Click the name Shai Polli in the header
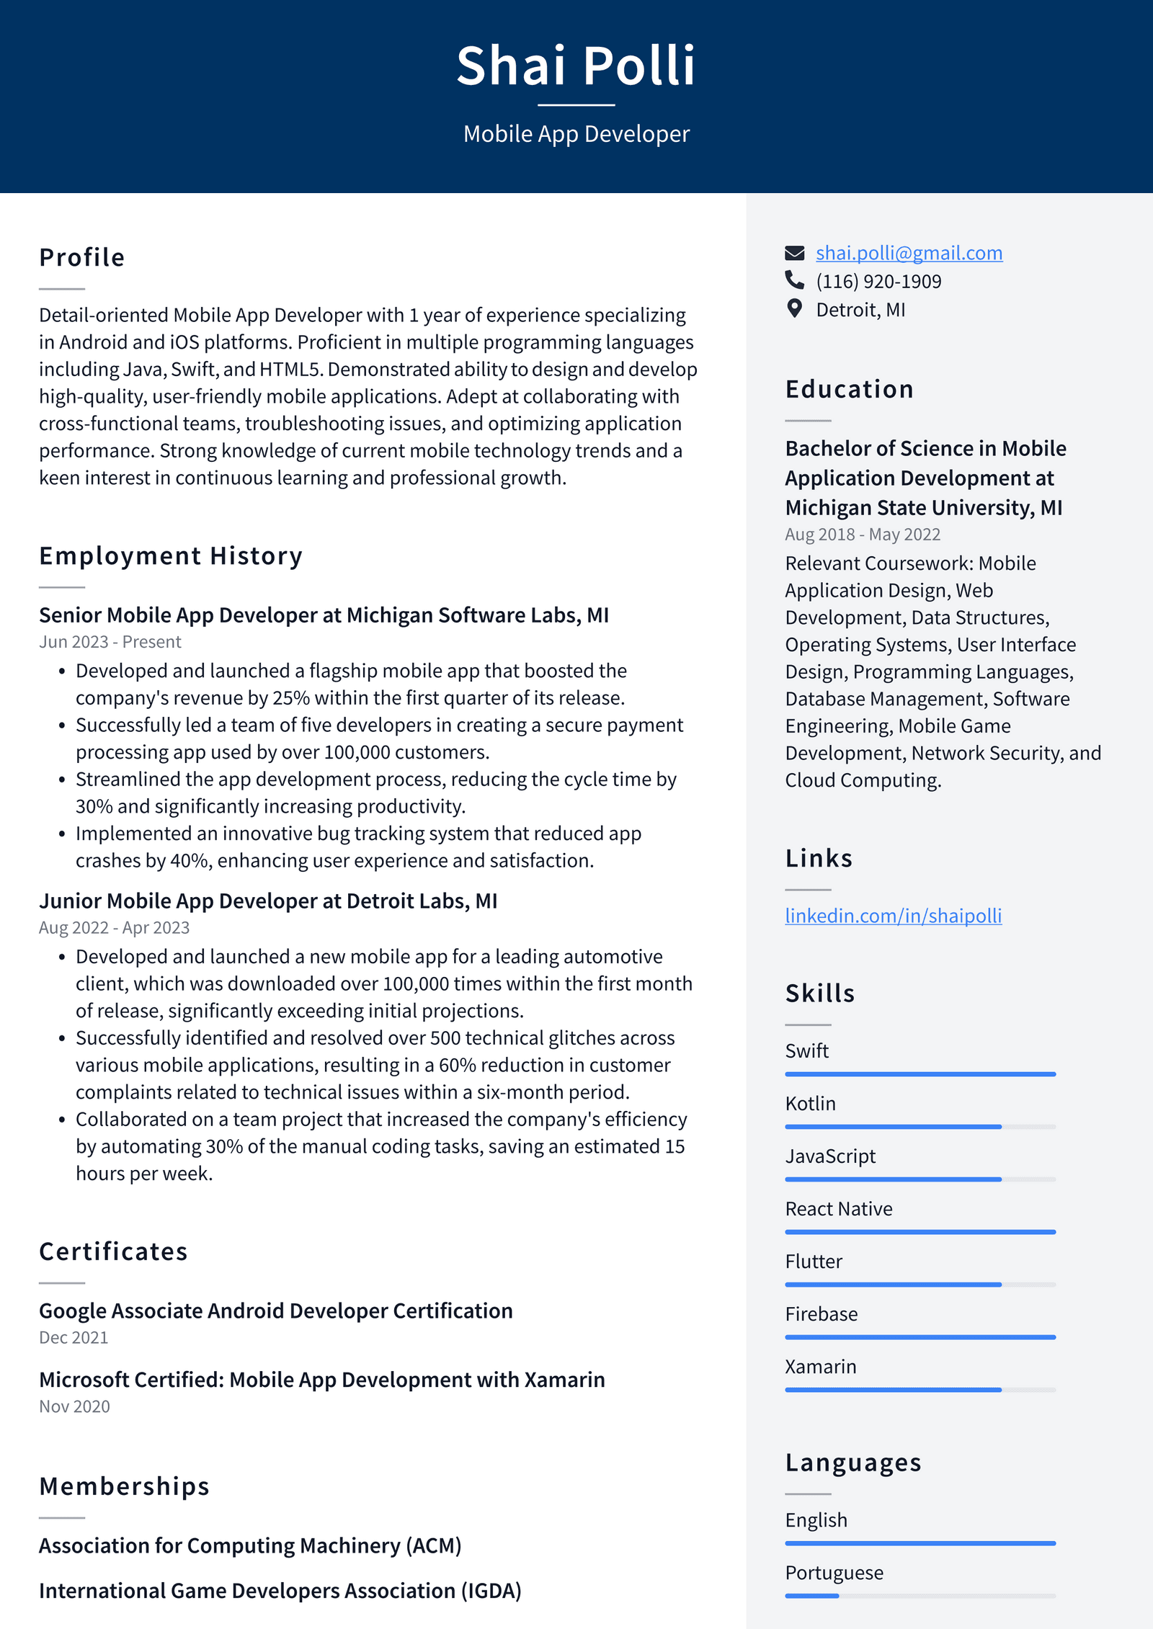(576, 66)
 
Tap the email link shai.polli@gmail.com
(908, 253)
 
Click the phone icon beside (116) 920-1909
(794, 280)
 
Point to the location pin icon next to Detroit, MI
(794, 309)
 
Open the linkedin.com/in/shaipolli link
(893, 916)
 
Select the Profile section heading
(81, 257)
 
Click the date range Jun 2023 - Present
(110, 642)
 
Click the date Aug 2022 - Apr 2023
(114, 928)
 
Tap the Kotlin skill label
(810, 1104)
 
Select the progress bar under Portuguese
(920, 1596)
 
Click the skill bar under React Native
(920, 1232)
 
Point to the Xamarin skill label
(820, 1367)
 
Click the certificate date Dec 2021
(74, 1338)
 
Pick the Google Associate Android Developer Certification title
(275, 1311)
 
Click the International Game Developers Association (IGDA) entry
(280, 1590)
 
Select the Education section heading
(849, 389)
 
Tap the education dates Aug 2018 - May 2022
(862, 535)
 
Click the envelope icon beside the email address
(794, 253)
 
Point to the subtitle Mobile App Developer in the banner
(576, 134)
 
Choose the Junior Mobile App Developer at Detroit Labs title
(268, 901)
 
